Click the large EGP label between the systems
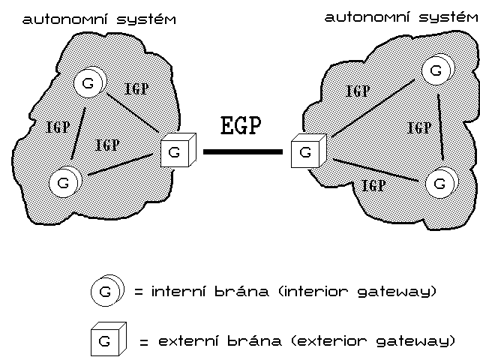pos(240,125)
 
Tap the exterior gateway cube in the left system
pos(177,151)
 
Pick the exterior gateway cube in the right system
pos(306,151)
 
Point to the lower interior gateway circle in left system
pos(64,180)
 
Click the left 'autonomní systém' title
pos(100,19)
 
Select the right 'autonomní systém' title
pos(400,16)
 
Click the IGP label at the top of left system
pos(136,88)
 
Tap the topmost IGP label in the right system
pos(358,91)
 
